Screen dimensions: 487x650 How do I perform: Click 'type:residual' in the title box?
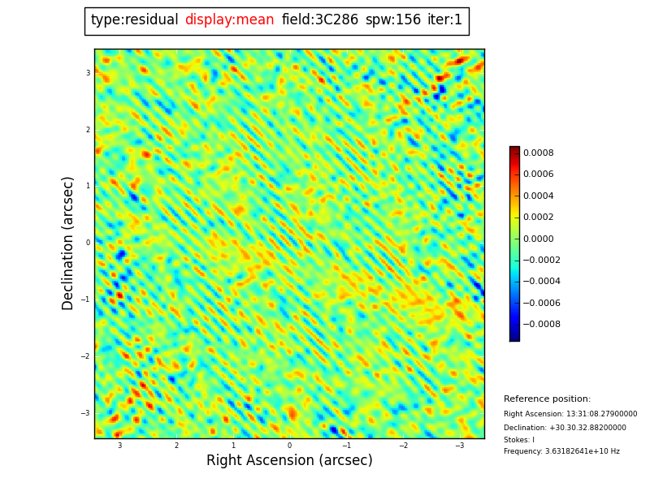coord(134,20)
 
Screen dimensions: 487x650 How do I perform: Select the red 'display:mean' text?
coord(229,20)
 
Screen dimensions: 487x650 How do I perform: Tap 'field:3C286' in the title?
coord(319,20)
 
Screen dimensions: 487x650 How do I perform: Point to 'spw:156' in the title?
coord(392,20)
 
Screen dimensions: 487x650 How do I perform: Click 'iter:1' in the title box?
coord(444,20)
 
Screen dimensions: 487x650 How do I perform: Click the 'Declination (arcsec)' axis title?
coord(68,243)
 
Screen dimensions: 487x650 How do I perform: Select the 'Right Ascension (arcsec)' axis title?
coord(289,461)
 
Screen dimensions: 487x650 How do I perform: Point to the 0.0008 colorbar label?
coord(538,153)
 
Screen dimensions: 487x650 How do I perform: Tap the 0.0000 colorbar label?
coord(538,239)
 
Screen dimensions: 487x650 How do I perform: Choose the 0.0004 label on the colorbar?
coord(538,196)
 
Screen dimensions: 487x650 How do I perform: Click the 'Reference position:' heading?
coord(547,399)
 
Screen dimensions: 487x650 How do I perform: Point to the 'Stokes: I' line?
coord(519,440)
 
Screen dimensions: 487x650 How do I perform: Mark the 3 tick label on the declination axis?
coord(88,73)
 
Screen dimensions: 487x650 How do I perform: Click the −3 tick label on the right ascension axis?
coord(459,446)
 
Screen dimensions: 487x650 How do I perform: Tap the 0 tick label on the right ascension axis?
coord(289,446)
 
